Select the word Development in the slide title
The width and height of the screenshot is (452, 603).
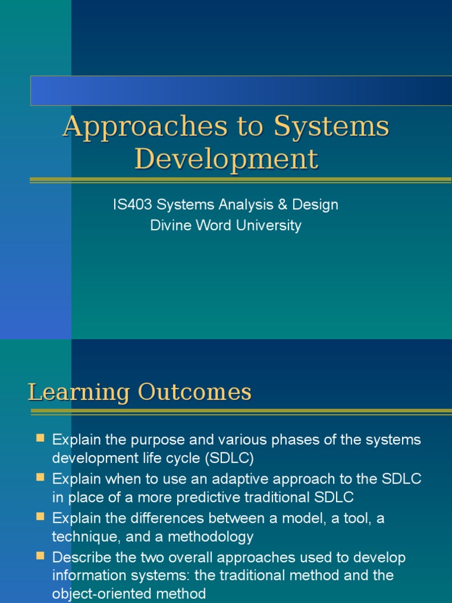pos(226,158)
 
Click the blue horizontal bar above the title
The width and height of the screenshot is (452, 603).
pos(241,90)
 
